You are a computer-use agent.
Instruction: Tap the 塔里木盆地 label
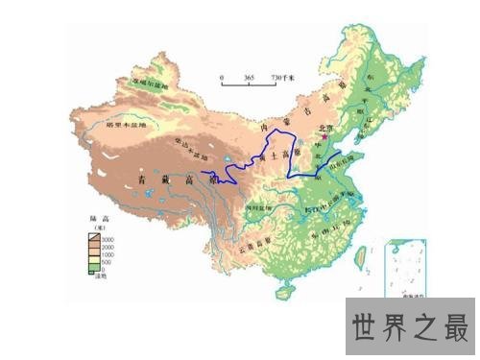click(126, 126)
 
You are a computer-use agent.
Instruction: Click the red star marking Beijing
click(328, 136)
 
